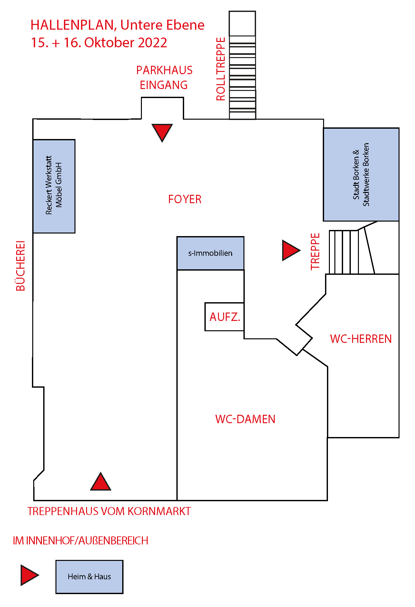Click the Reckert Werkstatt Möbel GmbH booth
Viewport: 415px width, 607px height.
coord(54,186)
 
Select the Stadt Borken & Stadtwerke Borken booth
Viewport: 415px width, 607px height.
coord(361,174)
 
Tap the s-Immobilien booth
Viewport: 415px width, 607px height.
coord(210,253)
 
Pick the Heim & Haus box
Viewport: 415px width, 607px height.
coord(89,577)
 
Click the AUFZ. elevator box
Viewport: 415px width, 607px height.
coord(224,317)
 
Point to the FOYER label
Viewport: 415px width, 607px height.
coord(185,199)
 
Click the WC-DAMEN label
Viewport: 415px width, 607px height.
coord(245,419)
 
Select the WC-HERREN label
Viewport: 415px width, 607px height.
coord(361,339)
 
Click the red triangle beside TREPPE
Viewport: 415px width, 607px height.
coord(290,250)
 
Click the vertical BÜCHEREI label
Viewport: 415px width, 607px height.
coord(20,265)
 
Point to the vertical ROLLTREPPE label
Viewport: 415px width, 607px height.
coord(221,69)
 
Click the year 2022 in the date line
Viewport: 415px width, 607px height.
coord(152,43)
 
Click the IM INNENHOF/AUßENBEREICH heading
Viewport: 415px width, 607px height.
coord(81,541)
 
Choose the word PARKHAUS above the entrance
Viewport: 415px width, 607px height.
coord(164,70)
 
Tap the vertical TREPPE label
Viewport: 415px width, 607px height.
coord(315,251)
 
